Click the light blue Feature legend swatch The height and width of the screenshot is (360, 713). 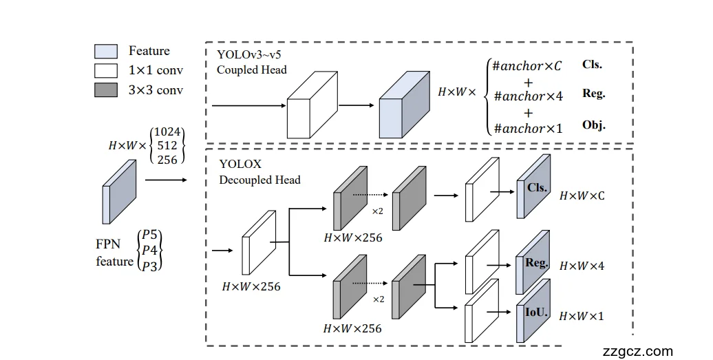[x=105, y=51]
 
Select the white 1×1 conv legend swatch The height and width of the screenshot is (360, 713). [x=105, y=70]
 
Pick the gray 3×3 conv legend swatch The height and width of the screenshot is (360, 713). [x=105, y=89]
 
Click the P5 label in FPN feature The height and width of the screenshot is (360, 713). [x=151, y=235]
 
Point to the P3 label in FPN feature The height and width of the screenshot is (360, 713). [x=151, y=266]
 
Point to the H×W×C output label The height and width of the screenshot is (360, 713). [x=582, y=196]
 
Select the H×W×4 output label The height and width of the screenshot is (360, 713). [x=582, y=266]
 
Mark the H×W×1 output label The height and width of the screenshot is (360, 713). [x=582, y=316]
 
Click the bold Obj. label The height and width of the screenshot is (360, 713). [x=593, y=125]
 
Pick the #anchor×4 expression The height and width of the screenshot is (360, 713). [x=528, y=96]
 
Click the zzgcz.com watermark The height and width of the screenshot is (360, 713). [x=637, y=351]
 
